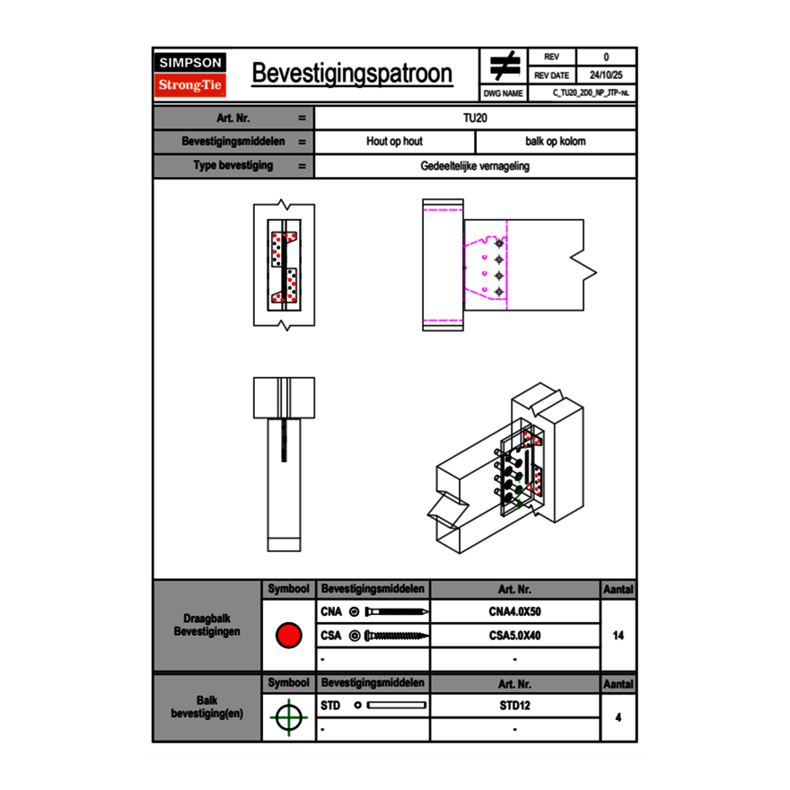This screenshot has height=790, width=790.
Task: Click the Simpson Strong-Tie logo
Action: point(191,75)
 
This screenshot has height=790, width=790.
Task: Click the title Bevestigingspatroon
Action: point(352,74)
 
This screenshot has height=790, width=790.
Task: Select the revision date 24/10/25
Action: point(606,75)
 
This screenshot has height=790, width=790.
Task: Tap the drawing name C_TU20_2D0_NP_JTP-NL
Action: point(591,93)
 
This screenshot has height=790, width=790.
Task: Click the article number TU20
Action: point(475,118)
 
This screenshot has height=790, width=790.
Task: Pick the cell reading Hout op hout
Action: point(394,142)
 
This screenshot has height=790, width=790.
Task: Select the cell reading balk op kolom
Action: point(556,142)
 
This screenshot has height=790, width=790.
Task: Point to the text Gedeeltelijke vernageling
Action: point(475,166)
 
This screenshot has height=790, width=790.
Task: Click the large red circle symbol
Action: point(288,636)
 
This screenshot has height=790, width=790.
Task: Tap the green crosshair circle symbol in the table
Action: point(288,717)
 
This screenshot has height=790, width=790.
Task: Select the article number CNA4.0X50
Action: point(514,612)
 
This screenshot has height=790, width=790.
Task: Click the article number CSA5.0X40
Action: point(514,636)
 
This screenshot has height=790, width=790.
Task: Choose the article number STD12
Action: point(514,706)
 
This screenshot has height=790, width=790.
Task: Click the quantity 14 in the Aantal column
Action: point(618,636)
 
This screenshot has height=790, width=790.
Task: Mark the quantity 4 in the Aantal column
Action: point(618,717)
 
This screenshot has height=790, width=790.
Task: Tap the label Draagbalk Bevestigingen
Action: point(206,626)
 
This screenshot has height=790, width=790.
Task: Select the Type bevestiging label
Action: point(233,166)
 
